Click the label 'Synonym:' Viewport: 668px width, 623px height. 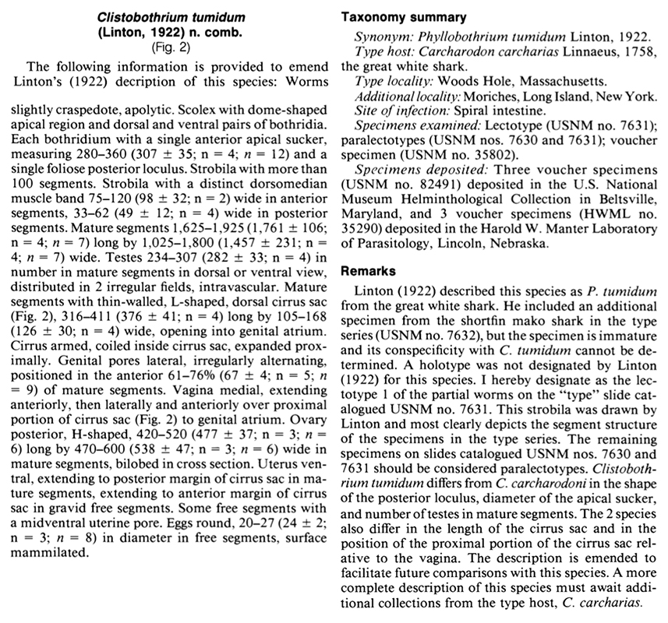pyautogui.click(x=381, y=37)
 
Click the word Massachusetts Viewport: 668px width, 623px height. pyautogui.click(x=546, y=80)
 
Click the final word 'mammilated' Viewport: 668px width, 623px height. pyautogui.click(x=51, y=557)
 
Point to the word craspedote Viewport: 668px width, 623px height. pyautogui.click(x=85, y=110)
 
